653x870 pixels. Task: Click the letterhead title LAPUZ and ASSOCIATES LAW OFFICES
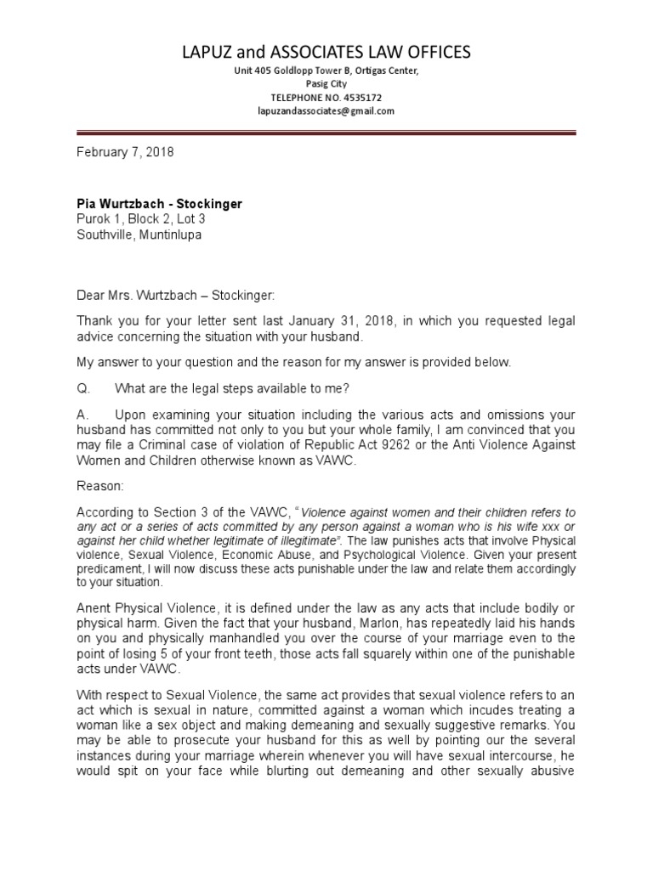point(326,53)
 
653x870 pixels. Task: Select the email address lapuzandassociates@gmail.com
point(326,111)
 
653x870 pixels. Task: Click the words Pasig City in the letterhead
point(326,85)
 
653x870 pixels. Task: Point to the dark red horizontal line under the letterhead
point(326,133)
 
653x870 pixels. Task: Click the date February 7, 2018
point(124,154)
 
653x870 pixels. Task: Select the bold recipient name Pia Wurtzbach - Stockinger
point(159,205)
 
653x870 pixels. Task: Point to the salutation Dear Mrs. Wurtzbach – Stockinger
point(176,296)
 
